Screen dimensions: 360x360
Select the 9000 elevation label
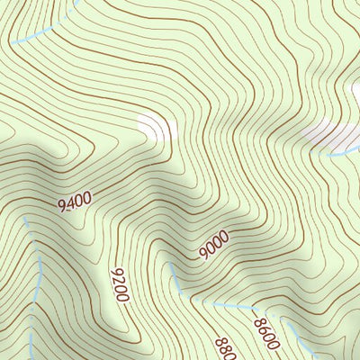(214, 246)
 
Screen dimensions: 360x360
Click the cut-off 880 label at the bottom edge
(223, 349)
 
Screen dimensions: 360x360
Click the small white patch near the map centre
(155, 129)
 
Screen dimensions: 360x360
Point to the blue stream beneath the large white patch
(346, 152)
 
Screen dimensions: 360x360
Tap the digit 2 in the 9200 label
(118, 280)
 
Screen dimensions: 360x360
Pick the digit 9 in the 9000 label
(203, 255)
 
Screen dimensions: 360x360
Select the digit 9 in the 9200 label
(114, 272)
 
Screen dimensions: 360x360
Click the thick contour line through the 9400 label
(45, 211)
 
